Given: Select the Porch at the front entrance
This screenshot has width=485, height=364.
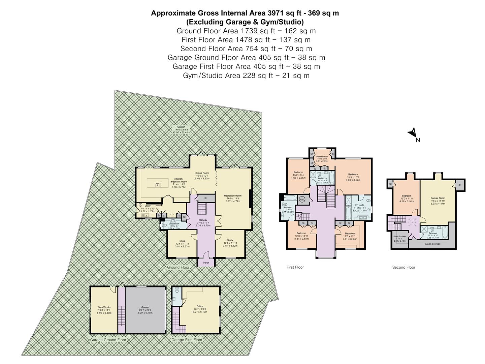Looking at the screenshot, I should pyautogui.click(x=206, y=263).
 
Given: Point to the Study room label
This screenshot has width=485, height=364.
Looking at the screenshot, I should pyautogui.click(x=230, y=240).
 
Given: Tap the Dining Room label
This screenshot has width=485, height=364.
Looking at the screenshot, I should pyautogui.click(x=202, y=173).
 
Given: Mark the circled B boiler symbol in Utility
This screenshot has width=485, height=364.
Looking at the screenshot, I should pyautogui.click(x=140, y=205).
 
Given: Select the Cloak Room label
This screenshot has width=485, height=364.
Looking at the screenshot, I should pyautogui.click(x=174, y=223).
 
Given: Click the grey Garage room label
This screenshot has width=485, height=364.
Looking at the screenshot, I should pyautogui.click(x=145, y=307).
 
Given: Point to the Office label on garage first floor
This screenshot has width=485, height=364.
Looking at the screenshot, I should pyautogui.click(x=200, y=306).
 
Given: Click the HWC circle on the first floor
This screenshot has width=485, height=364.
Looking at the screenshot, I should pyautogui.click(x=302, y=199).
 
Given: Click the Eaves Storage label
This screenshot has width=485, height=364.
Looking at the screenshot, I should pyautogui.click(x=432, y=244).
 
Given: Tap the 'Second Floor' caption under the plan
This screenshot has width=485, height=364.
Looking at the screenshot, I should pyautogui.click(x=403, y=267).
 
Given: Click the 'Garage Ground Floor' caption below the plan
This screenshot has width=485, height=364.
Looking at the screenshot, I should pyautogui.click(x=108, y=340).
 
